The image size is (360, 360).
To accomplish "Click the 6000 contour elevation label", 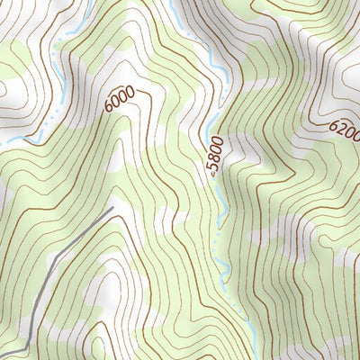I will [x=120, y=98].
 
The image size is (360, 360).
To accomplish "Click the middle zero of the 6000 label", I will [x=122, y=95].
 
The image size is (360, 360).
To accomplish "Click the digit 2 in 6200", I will [x=340, y=130].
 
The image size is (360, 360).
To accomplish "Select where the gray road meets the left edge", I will [x=2, y=351].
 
